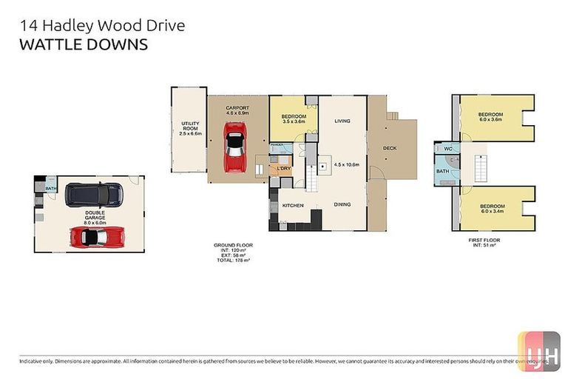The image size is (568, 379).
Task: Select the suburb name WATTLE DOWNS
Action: (x=83, y=44)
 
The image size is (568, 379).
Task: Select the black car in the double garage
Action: (x=93, y=195)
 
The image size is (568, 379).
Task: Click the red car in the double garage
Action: (x=94, y=237)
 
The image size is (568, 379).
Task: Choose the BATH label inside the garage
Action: (x=50, y=189)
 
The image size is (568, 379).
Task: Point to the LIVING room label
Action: (x=342, y=121)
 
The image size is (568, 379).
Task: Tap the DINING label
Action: (x=342, y=204)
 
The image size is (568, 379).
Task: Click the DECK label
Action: (x=390, y=148)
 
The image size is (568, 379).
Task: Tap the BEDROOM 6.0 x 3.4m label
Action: (x=492, y=209)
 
